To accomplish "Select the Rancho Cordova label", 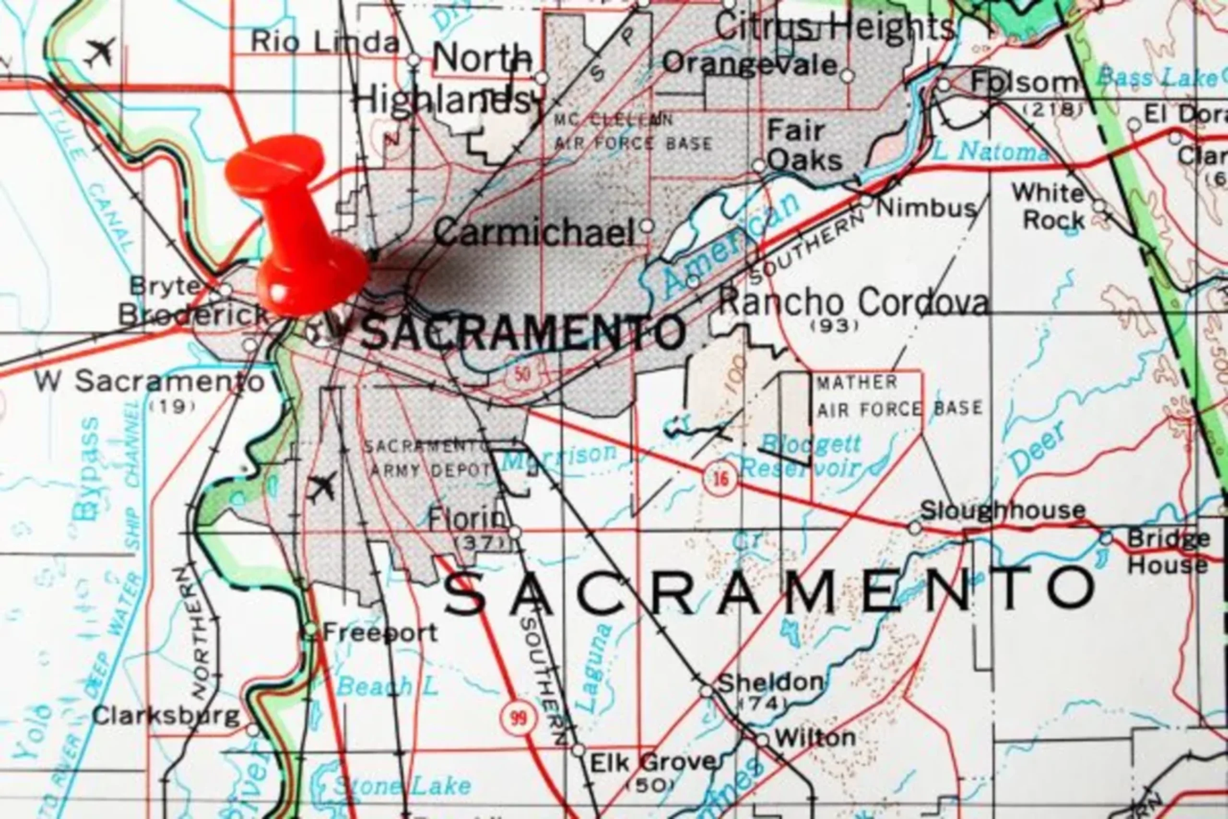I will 853,302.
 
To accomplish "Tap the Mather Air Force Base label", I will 898,396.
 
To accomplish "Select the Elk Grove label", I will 651,762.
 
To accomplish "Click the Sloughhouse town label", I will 1002,510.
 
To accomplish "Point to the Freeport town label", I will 380,633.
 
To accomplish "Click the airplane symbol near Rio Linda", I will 100,52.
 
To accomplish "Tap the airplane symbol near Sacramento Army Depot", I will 321,487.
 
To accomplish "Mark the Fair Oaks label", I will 804,145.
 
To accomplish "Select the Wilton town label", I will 815,738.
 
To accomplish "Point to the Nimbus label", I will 925,208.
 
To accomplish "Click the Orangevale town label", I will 750,64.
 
